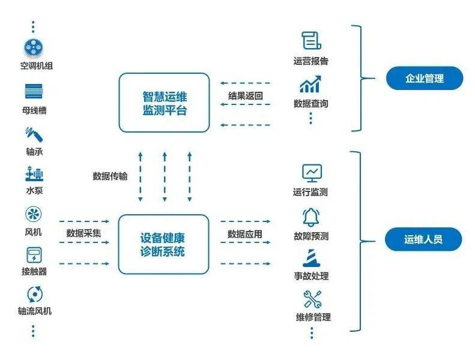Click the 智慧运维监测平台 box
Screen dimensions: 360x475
tap(164, 103)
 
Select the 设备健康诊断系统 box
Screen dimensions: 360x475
tap(163, 244)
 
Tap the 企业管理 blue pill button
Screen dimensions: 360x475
tap(424, 78)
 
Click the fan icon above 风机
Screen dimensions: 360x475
tap(33, 214)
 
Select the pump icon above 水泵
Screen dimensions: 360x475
tap(34, 175)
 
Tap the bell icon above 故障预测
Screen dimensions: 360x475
tap(311, 217)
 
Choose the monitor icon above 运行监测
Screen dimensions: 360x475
tap(312, 173)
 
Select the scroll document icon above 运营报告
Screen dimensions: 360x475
tap(310, 40)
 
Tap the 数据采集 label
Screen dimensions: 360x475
tap(84, 233)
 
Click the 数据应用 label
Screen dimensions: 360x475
tap(245, 233)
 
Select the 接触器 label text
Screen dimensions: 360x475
tap(34, 271)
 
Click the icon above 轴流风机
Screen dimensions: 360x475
tap(34, 294)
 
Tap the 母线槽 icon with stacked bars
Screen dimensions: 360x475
tap(34, 92)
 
